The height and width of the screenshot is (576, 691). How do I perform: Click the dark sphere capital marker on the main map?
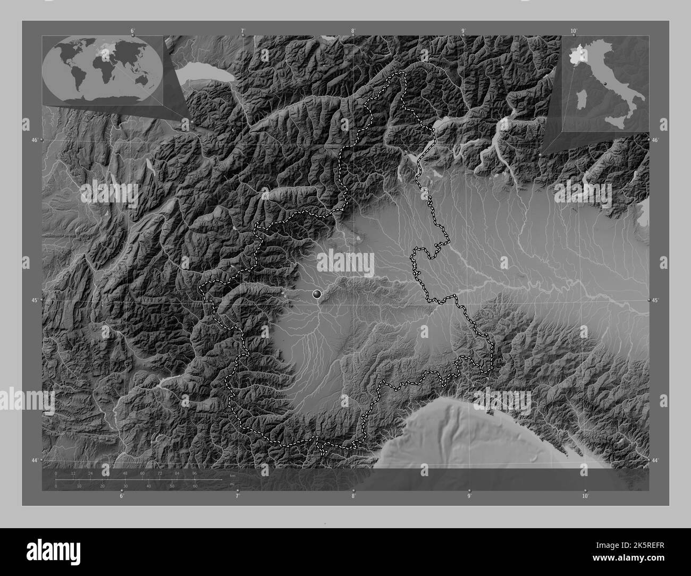coord(317,293)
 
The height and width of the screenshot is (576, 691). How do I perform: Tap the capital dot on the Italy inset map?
coord(605,84)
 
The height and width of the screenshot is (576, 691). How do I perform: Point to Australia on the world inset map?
coord(142,79)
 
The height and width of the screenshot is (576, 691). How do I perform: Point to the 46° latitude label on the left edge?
coord(34,140)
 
